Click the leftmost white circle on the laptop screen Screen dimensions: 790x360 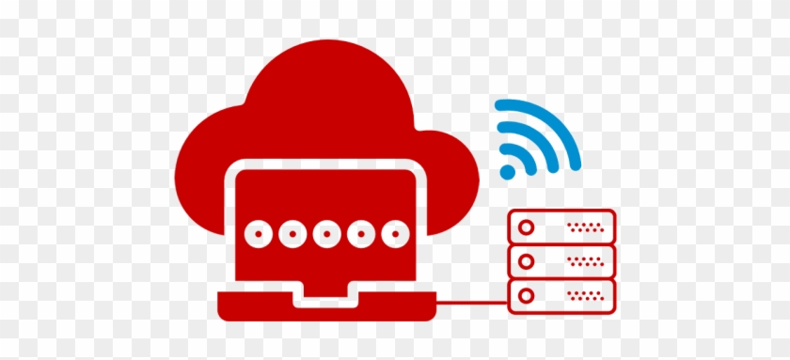click(256, 233)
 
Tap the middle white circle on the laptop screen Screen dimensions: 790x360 click(325, 233)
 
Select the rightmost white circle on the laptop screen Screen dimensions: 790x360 click(395, 233)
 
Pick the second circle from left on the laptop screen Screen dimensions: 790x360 click(291, 233)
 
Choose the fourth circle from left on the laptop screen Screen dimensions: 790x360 click(360, 233)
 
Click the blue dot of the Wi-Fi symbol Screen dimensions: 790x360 click(508, 172)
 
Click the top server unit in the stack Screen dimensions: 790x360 click(561, 227)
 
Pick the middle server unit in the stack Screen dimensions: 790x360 click(561, 261)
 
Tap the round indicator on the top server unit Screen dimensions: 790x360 click(527, 227)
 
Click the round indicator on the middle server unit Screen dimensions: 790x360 click(527, 261)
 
